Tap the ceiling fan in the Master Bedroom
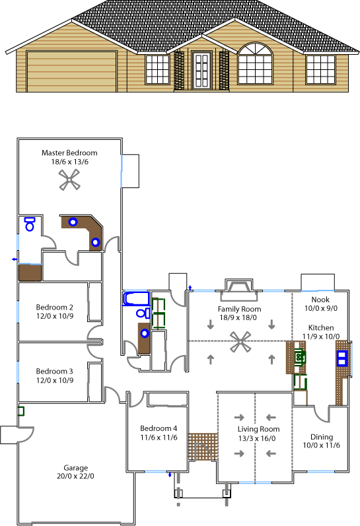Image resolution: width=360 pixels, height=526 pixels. (69, 180)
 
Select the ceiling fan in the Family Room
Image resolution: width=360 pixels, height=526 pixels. (240, 342)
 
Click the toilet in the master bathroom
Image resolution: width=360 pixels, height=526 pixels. (30, 224)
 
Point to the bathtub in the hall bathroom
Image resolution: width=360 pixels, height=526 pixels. (135, 298)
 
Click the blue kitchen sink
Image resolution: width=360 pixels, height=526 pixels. (342, 358)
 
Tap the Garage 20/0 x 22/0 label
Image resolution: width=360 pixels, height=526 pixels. (75, 472)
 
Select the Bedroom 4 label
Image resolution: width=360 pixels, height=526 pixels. (159, 428)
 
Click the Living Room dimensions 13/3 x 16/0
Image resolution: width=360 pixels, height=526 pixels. (257, 438)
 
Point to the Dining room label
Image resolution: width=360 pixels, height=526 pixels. (322, 437)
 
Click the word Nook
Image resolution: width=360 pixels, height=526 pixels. (320, 300)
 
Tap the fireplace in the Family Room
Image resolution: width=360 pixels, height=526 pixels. (239, 290)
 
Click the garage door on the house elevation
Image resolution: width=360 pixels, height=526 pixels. (71, 71)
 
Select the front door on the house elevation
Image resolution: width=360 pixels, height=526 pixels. (202, 71)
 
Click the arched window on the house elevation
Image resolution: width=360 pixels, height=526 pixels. (255, 63)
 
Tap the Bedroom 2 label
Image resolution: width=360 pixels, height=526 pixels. (54, 308)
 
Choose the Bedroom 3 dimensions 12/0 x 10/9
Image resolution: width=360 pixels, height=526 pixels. (55, 380)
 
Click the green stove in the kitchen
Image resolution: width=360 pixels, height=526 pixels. (300, 356)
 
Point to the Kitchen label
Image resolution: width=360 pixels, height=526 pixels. (321, 328)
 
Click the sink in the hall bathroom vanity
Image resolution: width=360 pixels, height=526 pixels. (145, 333)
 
